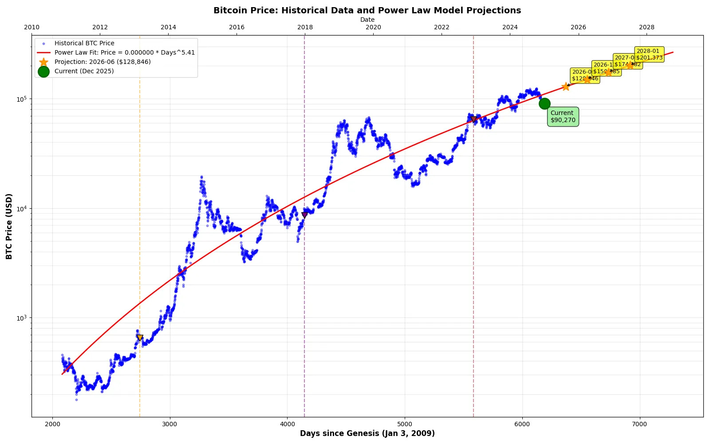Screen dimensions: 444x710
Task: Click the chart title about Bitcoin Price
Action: (x=367, y=10)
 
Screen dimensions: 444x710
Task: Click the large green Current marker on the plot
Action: (x=544, y=103)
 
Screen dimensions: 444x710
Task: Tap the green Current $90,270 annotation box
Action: (x=563, y=116)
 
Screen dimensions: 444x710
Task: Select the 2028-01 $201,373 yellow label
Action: (x=649, y=54)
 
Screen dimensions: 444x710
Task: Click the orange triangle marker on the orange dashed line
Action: (x=140, y=338)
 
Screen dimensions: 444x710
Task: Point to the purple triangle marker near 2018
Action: (x=304, y=215)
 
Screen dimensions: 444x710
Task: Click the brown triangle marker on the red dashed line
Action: (x=473, y=119)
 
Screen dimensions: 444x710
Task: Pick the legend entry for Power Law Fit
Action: (x=124, y=52)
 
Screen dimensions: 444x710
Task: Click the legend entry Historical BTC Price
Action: (x=84, y=43)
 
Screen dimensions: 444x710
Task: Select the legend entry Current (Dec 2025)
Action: (x=84, y=71)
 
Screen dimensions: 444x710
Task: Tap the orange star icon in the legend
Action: (x=43, y=62)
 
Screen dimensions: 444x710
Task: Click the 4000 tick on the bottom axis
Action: (x=287, y=424)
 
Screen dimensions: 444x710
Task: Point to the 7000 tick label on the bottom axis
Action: (x=639, y=424)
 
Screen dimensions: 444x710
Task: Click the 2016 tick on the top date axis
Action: (x=237, y=27)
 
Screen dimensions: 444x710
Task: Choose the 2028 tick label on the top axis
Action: (x=647, y=27)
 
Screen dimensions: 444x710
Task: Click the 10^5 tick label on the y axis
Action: (x=22, y=99)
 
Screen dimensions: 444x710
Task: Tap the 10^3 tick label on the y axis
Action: (x=22, y=318)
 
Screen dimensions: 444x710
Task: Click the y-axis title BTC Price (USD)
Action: (x=9, y=226)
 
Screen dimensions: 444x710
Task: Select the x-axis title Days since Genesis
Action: (x=367, y=433)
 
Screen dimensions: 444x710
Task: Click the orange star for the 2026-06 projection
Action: (x=566, y=87)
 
